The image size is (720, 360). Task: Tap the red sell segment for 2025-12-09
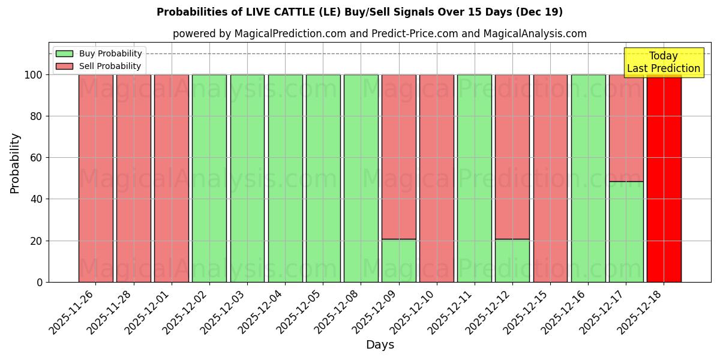pos(398,157)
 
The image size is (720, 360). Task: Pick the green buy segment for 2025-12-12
pos(512,260)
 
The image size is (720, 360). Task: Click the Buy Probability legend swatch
pos(64,54)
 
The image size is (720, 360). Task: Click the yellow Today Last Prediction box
pos(663,62)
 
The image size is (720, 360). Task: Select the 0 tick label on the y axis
pos(40,282)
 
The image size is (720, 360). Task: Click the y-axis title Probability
pos(15,163)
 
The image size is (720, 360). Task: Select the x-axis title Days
pos(380,345)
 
